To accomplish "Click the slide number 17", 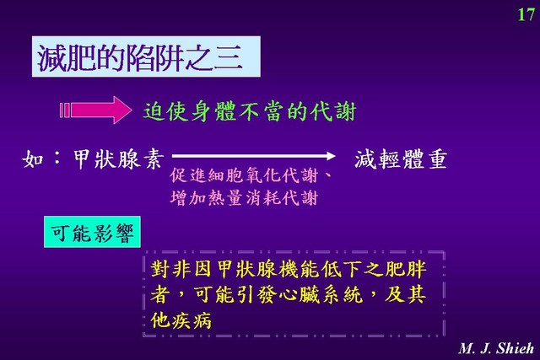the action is point(526,15).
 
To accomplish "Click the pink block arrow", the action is point(95,110).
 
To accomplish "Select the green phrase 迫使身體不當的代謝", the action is point(250,111).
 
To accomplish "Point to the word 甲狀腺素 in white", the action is point(117,159).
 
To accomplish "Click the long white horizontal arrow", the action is point(253,156).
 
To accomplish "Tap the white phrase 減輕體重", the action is point(401,159).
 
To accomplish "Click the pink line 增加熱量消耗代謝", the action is point(244,198).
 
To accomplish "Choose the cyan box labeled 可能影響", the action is point(92,232).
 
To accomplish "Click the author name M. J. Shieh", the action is point(496,348).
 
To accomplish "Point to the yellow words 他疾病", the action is point(181,320).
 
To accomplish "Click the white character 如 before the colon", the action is point(33,159).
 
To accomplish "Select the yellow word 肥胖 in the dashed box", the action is point(406,269).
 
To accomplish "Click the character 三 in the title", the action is point(229,58).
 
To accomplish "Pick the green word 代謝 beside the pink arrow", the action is point(333,111).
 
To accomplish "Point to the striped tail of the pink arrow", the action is point(65,110).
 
